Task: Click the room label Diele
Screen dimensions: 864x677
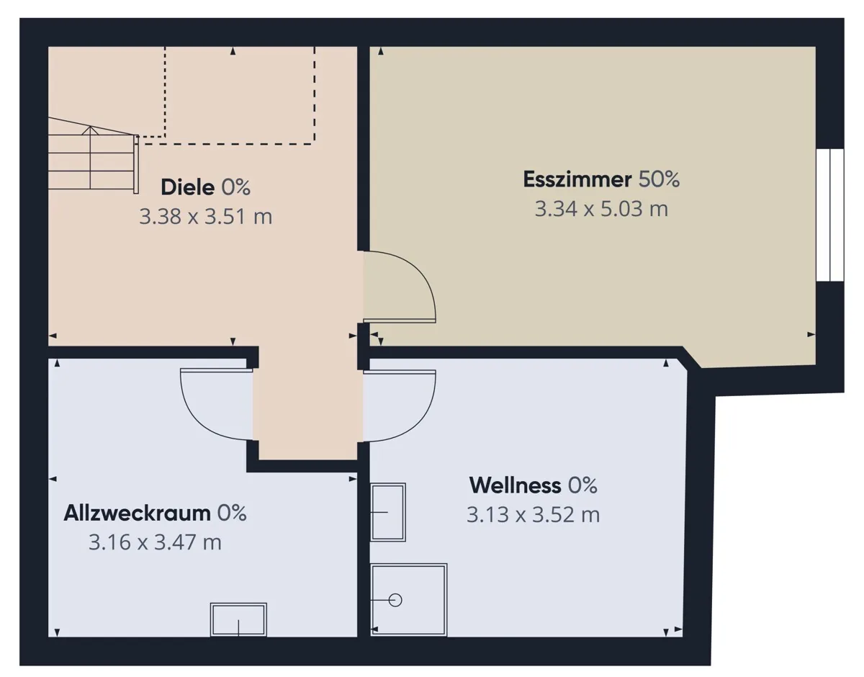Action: [x=188, y=187]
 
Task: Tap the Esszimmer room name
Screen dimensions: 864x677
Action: [x=577, y=179]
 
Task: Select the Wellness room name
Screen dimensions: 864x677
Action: [x=516, y=485]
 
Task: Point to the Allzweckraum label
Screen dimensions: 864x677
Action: [x=138, y=514]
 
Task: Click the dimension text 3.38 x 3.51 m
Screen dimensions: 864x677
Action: [x=206, y=217]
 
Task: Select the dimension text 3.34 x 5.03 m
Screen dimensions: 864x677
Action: [x=601, y=209]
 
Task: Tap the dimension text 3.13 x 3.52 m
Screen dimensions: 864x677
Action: [x=534, y=515]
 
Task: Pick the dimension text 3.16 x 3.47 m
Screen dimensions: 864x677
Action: [x=155, y=542]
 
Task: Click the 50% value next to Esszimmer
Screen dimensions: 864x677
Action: [x=660, y=179]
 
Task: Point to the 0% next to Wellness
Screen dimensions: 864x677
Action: [x=582, y=485]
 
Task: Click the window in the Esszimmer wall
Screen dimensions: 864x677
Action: [x=830, y=215]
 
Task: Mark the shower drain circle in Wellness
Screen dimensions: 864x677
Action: [x=395, y=600]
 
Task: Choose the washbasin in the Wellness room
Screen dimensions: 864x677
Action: [x=388, y=512]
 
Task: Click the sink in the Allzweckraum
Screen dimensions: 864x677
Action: [x=238, y=619]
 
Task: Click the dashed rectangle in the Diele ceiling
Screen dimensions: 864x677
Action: [x=240, y=95]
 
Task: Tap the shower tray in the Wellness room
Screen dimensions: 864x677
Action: [x=409, y=600]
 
